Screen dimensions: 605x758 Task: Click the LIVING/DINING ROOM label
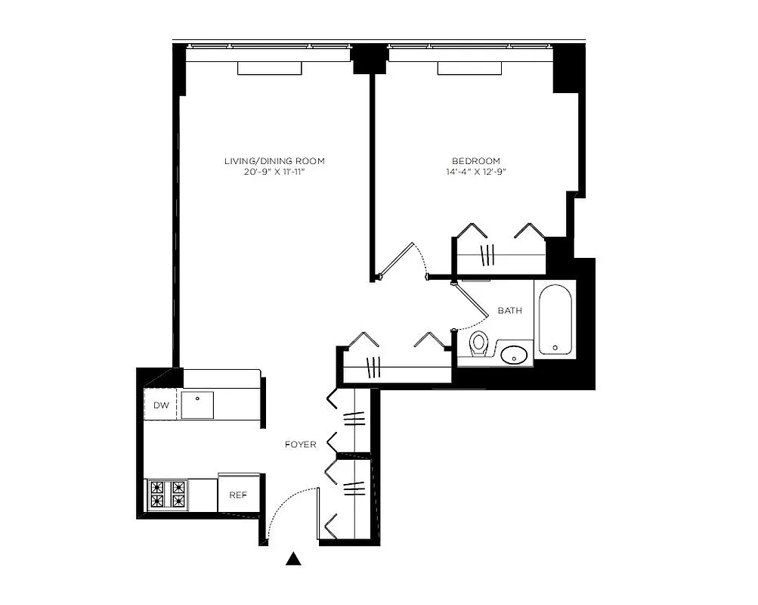coord(274,161)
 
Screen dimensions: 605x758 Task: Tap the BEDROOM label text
coord(476,161)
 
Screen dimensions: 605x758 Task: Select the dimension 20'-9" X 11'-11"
coord(274,172)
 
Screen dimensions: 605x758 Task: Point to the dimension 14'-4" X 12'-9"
coord(476,172)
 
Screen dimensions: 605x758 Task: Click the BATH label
coord(509,311)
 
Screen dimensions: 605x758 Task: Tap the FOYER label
coord(300,444)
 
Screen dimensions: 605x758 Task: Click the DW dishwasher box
coord(161,405)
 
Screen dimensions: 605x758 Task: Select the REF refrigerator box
coord(238,495)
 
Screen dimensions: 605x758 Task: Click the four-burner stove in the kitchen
coord(166,495)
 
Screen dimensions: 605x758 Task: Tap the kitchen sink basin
coord(197,405)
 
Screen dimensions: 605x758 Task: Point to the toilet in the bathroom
coord(478,344)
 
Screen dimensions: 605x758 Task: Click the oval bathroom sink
coord(516,353)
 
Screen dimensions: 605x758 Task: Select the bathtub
coord(555,317)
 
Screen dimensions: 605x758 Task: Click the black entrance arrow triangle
coord(294,560)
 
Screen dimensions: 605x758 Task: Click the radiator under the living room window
coord(270,69)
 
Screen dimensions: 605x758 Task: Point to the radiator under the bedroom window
coord(471,69)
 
